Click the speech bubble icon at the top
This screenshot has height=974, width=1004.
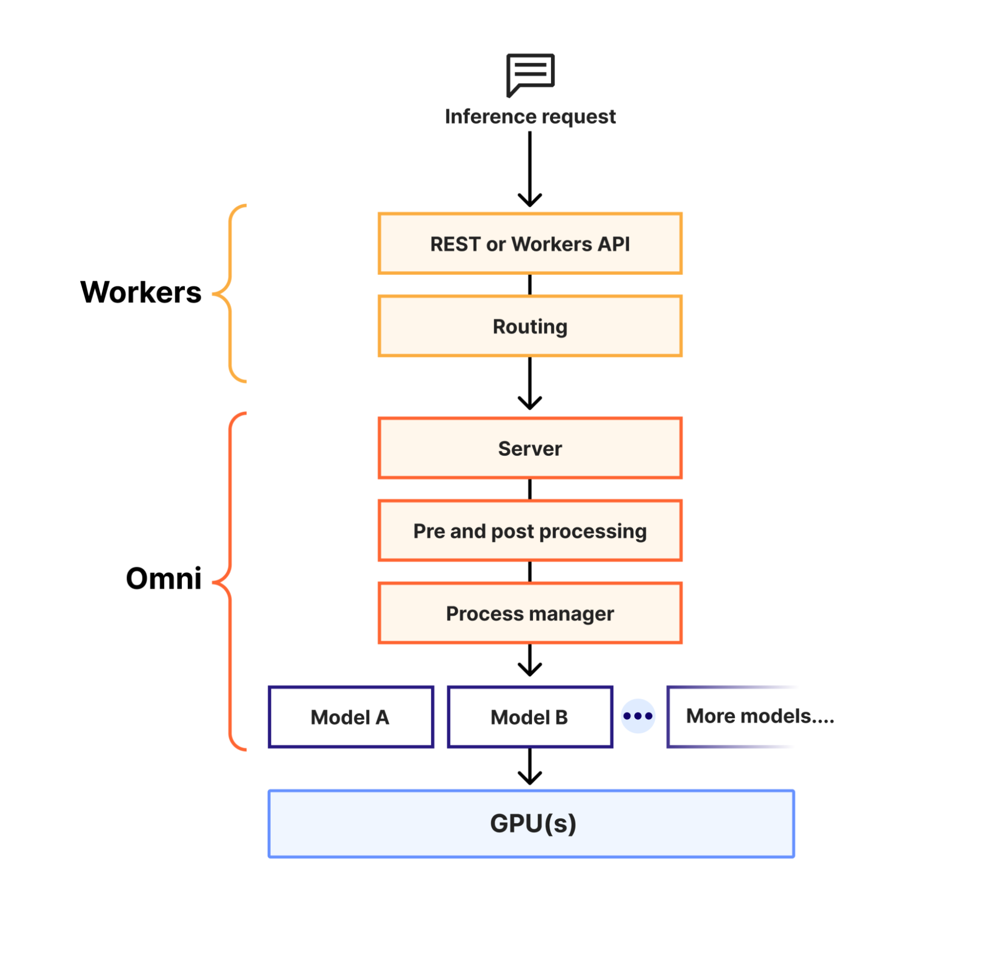pos(530,74)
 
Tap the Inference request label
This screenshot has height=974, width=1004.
pos(530,117)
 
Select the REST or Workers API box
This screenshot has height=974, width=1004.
pos(530,244)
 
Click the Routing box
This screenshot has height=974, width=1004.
pos(530,327)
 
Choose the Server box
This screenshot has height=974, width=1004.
pos(530,448)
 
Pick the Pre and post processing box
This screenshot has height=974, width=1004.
pos(530,531)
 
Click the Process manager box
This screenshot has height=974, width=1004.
pos(530,614)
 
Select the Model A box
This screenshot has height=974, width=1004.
pos(351,717)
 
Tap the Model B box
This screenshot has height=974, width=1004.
pos(530,717)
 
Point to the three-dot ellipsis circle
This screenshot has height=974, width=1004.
pos(638,716)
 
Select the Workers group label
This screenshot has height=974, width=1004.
pos(141,293)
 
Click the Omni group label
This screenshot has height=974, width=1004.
pos(163,579)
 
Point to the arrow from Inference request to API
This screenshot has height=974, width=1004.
pos(530,169)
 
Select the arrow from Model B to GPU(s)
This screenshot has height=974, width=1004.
pos(530,766)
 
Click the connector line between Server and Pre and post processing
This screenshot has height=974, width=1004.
pos(530,490)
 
